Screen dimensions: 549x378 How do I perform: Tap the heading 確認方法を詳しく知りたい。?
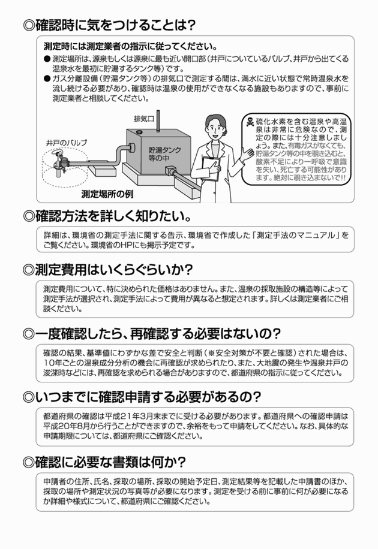click(107, 215)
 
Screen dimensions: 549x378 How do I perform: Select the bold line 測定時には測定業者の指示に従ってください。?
click(130, 46)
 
